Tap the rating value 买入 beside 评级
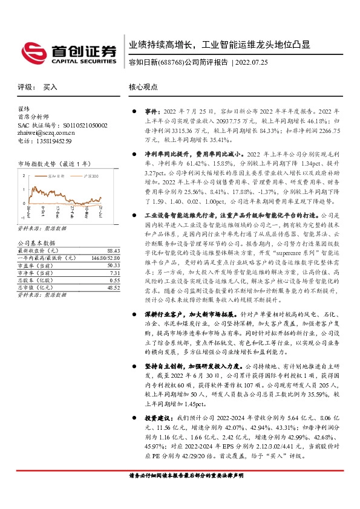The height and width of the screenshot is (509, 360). coord(50,87)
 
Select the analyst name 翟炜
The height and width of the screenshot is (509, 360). coord(24,109)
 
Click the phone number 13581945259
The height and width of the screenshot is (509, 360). coord(54,141)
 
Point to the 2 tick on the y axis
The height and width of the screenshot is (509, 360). coord(24,175)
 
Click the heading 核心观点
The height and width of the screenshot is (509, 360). coord(143,87)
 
